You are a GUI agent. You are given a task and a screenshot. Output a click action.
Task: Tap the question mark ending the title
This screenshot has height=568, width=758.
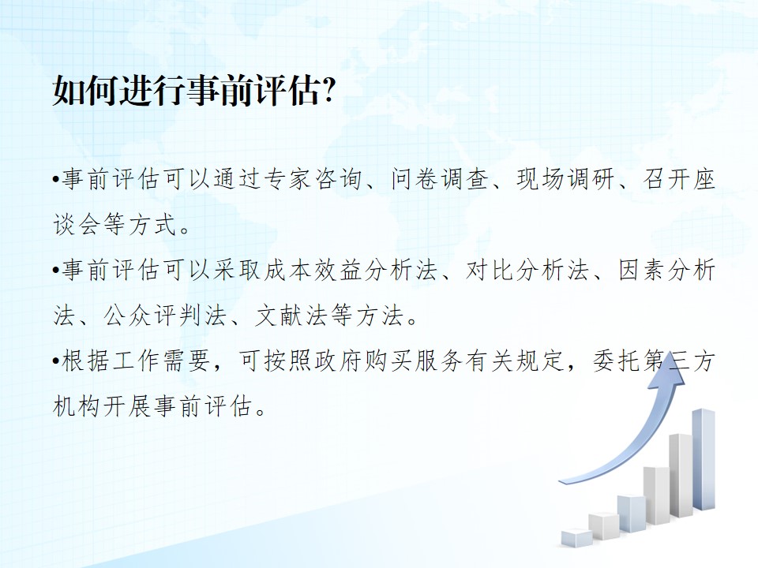click(328, 90)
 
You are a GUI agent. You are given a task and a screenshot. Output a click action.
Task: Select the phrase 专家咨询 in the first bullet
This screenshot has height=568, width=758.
click(313, 179)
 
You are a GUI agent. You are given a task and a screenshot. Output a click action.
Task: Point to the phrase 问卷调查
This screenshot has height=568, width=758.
click(439, 179)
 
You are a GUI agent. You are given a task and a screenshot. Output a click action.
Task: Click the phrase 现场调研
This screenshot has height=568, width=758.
click(565, 179)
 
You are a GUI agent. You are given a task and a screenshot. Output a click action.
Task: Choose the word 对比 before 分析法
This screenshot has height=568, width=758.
click(490, 270)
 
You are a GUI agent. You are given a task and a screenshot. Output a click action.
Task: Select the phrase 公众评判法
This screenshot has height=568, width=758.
click(165, 316)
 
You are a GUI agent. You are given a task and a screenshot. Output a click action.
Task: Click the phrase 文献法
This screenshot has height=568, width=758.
click(291, 316)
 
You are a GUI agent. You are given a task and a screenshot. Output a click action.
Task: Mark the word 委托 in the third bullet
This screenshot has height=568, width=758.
click(617, 361)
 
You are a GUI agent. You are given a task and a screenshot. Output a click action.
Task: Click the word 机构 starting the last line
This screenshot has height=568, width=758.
click(77, 406)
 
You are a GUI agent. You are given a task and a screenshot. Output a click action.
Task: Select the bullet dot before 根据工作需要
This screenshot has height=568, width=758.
click(56, 361)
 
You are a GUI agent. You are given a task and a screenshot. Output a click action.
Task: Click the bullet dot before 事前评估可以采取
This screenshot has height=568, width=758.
click(56, 271)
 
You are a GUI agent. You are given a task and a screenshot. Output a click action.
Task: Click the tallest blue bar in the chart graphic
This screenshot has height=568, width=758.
click(704, 459)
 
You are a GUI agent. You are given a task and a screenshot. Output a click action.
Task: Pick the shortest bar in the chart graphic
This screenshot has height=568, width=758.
click(576, 537)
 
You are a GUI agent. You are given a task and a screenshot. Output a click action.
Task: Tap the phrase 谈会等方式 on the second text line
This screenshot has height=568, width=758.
click(115, 225)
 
